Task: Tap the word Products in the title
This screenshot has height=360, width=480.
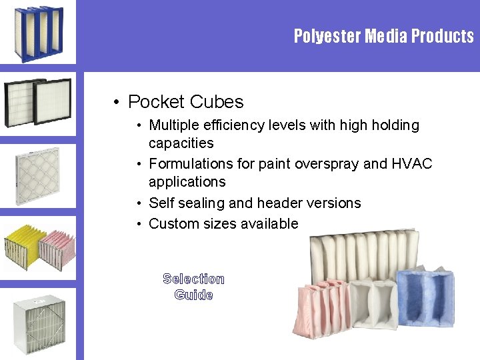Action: click(443, 36)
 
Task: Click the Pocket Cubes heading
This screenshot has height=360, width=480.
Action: click(185, 102)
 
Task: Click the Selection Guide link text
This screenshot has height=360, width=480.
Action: click(193, 287)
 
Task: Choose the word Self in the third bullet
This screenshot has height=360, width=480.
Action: click(161, 203)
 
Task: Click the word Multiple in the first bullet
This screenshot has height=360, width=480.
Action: click(175, 125)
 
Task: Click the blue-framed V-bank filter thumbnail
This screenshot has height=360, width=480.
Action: click(38, 33)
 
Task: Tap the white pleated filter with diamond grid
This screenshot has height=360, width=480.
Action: click(37, 175)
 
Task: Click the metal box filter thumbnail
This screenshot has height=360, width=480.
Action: click(39, 323)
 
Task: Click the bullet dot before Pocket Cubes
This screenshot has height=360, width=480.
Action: click(116, 103)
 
